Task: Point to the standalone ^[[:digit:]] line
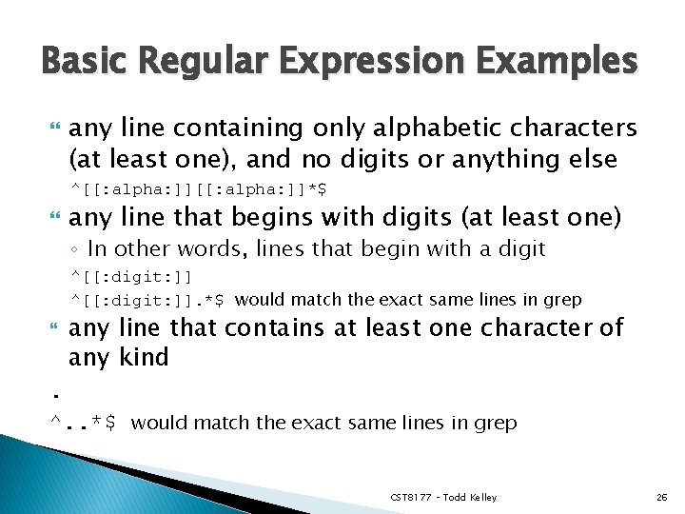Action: [131, 277]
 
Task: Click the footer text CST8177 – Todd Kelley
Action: [443, 498]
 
